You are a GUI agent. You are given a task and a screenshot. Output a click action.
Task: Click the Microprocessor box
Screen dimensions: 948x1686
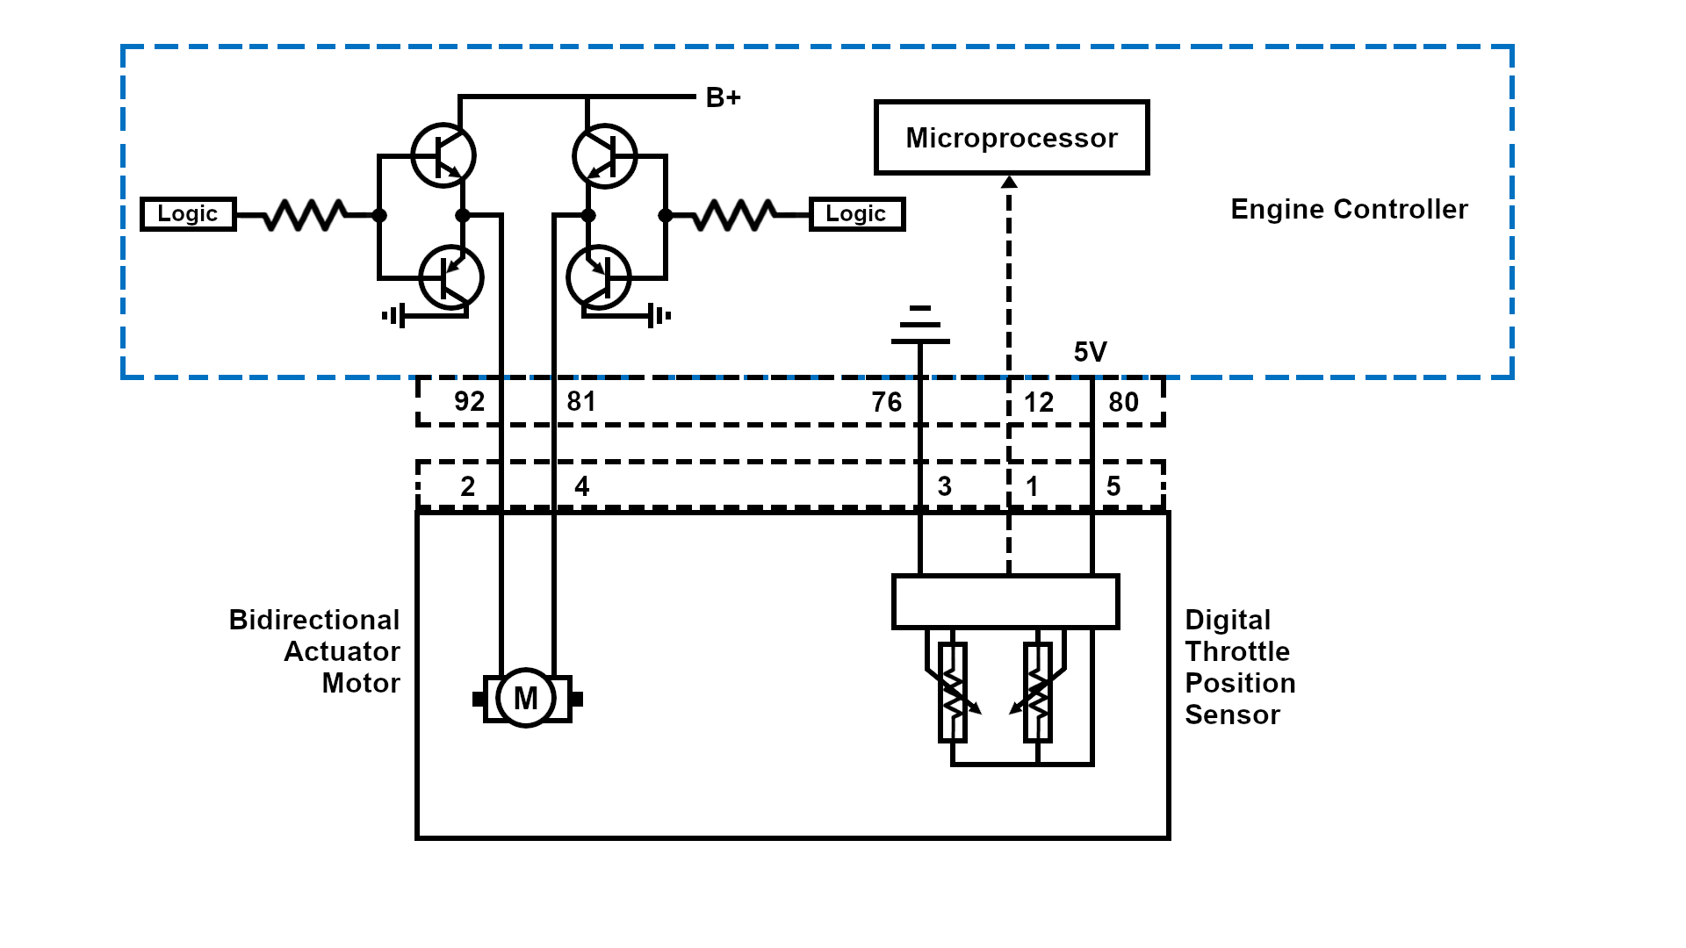(1012, 138)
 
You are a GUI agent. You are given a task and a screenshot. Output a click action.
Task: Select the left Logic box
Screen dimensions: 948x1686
(188, 214)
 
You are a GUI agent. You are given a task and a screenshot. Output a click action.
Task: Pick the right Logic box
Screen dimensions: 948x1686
(856, 214)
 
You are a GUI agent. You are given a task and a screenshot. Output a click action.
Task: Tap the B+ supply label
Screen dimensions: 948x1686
(723, 97)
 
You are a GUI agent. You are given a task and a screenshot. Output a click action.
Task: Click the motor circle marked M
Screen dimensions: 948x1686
(526, 699)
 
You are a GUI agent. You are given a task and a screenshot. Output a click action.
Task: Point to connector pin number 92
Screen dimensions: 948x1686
(469, 402)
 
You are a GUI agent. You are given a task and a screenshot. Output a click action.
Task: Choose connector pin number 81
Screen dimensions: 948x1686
(581, 402)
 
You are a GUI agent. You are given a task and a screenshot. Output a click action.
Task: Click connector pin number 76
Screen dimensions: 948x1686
(886, 402)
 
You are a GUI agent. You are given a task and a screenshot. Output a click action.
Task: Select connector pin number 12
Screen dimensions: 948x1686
(1039, 402)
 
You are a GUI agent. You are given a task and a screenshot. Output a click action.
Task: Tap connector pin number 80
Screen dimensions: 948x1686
(1123, 402)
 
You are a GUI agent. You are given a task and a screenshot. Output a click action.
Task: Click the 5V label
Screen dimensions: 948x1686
(1090, 352)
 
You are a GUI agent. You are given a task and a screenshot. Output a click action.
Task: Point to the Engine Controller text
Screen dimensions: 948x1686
(1349, 210)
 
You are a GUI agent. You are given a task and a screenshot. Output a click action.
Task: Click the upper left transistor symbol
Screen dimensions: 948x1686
(443, 155)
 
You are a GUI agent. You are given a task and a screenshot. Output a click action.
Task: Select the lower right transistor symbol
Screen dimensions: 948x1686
(599, 277)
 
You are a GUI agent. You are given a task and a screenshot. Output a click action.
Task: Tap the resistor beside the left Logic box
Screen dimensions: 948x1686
(305, 214)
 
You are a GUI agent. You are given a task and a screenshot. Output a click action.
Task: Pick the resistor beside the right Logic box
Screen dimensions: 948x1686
(735, 214)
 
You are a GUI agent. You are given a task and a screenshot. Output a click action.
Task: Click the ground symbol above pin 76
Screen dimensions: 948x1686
(920, 325)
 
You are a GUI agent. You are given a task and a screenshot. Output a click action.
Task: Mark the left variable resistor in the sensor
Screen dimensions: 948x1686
(953, 693)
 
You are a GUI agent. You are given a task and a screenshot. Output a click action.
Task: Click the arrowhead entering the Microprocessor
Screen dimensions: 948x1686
(1009, 182)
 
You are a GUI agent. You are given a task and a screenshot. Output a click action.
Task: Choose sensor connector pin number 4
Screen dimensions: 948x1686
(581, 486)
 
